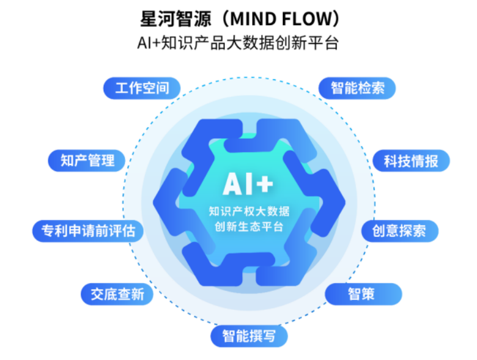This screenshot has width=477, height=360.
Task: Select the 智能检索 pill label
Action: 358,89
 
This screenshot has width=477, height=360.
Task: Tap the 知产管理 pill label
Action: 88,160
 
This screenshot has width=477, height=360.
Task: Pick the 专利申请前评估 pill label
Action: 88,231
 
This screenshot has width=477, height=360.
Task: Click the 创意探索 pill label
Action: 400,231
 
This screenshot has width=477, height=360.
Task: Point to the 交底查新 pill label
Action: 117,294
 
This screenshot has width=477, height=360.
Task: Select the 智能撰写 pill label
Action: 249,336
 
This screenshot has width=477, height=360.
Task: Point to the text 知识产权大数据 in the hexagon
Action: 249,211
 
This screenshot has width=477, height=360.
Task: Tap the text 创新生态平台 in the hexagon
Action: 249,227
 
